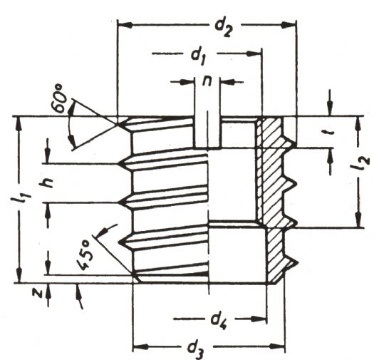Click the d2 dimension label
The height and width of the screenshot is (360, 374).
(x=223, y=28)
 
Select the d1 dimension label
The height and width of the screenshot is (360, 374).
(x=199, y=57)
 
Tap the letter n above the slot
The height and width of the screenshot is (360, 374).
(x=207, y=81)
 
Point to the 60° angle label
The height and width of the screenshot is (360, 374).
(x=59, y=98)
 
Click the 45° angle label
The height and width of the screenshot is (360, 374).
(x=84, y=256)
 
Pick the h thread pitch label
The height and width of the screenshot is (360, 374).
(x=46, y=183)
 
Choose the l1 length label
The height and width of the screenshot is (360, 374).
(x=22, y=197)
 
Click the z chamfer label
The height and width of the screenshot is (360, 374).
(x=37, y=293)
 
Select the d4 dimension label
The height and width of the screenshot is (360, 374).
(x=219, y=321)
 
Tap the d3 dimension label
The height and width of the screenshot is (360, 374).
(x=196, y=350)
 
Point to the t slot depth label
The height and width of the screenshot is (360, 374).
(x=331, y=131)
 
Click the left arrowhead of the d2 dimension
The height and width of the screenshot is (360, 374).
(x=125, y=25)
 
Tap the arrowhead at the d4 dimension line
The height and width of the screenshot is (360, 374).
(x=258, y=319)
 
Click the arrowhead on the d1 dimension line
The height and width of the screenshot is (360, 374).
(x=254, y=53)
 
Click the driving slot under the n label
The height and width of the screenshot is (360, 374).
(x=207, y=133)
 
